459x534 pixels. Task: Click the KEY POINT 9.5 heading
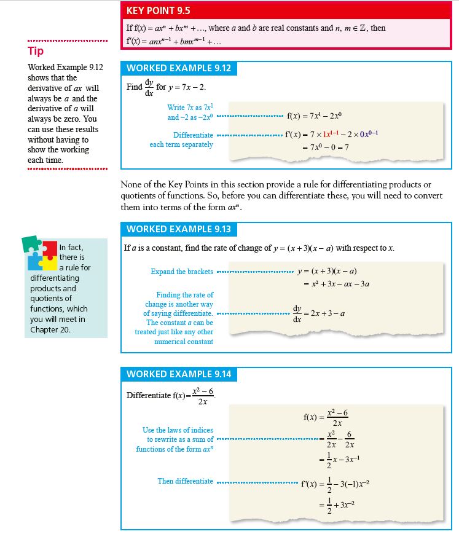tap(159, 10)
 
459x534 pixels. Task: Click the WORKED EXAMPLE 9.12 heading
tap(179, 68)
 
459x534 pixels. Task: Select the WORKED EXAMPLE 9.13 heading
tap(179, 229)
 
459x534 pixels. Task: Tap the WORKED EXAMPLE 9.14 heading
tap(179, 374)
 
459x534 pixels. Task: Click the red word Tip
tap(35, 51)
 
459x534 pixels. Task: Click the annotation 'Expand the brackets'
tap(182, 272)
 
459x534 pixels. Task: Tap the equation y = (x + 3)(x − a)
tap(327, 272)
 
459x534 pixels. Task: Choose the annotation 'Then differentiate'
tap(185, 481)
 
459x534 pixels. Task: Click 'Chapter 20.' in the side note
tap(51, 330)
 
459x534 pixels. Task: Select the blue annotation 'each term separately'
tap(181, 144)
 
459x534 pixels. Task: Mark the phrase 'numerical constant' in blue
tap(184, 342)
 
